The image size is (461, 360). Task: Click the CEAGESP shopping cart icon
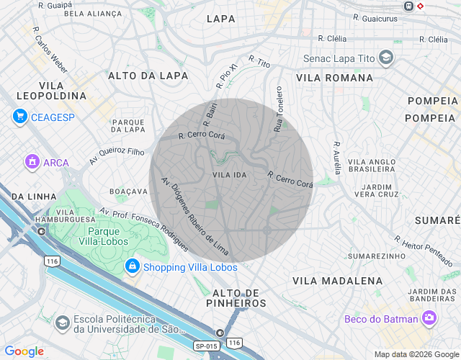[19, 117]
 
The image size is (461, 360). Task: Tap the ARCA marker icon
[32, 162]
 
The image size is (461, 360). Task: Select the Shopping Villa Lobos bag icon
[132, 267]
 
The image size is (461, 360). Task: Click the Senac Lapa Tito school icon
[385, 58]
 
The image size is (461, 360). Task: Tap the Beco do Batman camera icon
[429, 318]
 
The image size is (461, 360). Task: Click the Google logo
[24, 351]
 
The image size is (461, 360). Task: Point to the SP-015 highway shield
[207, 346]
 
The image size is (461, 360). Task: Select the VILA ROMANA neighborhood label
[334, 78]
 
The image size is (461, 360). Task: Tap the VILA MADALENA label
[337, 280]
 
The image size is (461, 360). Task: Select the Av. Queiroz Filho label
[117, 156]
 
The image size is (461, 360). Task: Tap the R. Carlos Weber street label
[50, 50]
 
